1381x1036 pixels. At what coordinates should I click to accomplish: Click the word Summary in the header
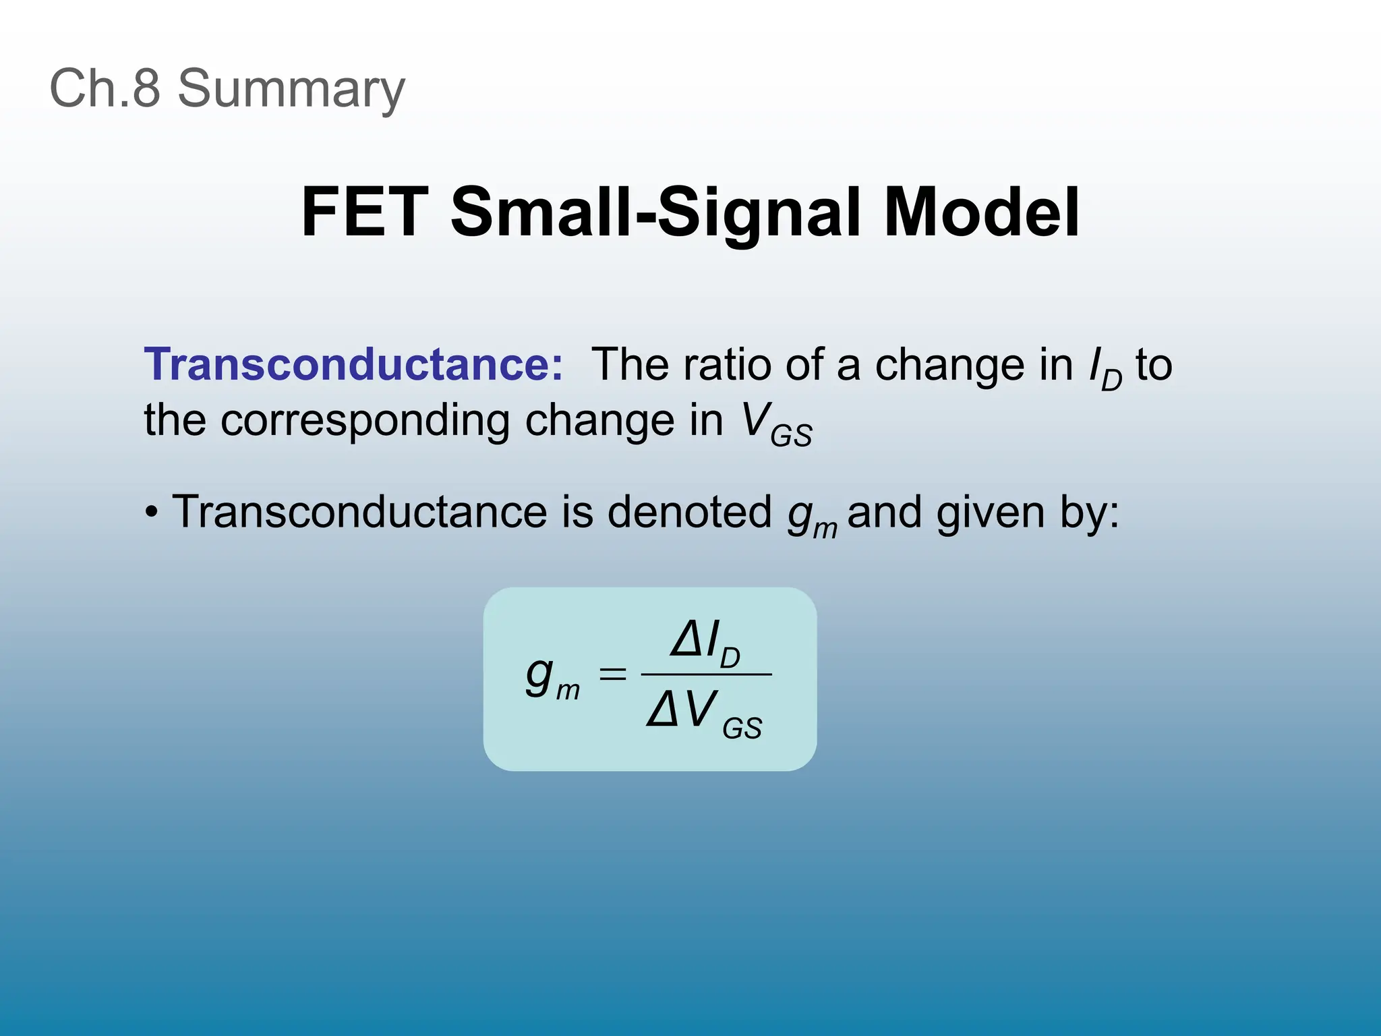[x=291, y=89]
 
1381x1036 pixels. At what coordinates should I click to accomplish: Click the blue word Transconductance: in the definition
[x=353, y=364]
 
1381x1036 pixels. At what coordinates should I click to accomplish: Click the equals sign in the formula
[x=612, y=674]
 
